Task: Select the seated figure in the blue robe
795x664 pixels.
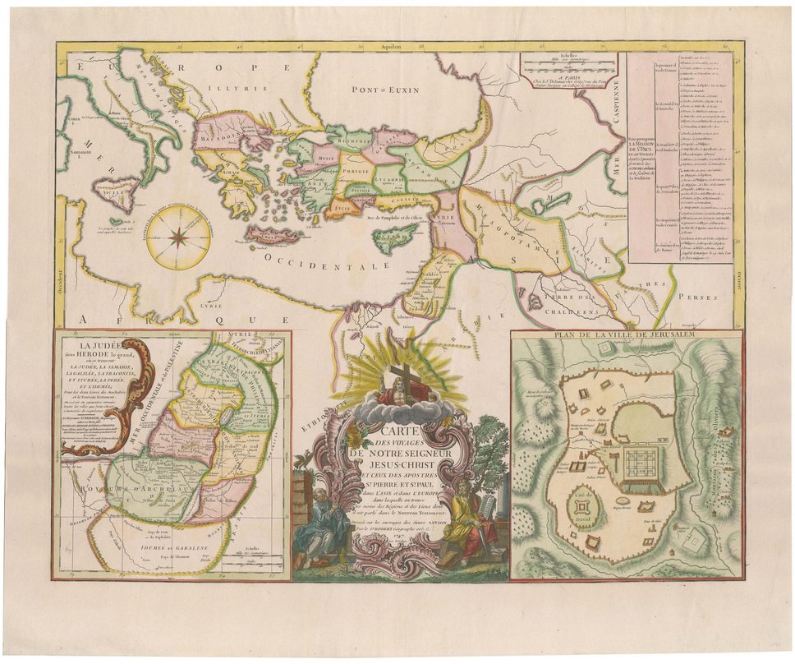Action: [319, 526]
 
